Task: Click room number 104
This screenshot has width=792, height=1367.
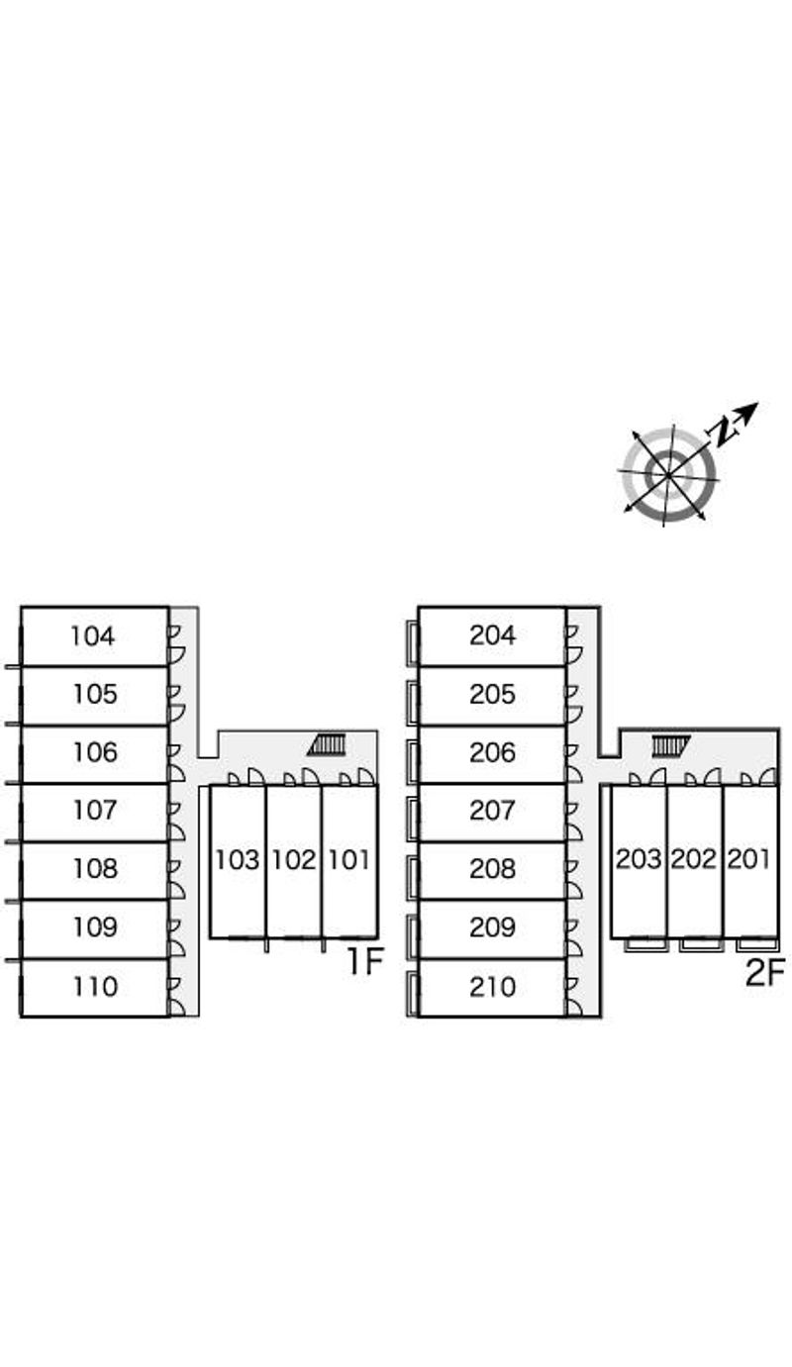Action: coord(93,635)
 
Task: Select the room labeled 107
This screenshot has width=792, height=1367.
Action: coord(95,811)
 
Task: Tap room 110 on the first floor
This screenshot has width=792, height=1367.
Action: coord(94,987)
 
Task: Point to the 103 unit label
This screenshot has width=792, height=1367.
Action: coord(238,859)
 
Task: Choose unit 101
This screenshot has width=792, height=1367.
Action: coord(348,859)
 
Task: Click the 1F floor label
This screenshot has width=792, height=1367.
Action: coord(364,962)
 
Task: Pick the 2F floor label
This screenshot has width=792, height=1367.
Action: coord(764,973)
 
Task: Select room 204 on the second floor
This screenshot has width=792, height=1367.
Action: coord(492,635)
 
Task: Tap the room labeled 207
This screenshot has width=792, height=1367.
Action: coord(492,811)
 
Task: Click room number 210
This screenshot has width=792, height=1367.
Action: coord(492,987)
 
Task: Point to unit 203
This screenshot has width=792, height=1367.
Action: coord(639,859)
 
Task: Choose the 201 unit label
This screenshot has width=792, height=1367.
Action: coord(749,859)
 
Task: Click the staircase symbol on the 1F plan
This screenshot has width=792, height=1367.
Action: coord(328,744)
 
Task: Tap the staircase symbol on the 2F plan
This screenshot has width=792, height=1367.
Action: coord(670,744)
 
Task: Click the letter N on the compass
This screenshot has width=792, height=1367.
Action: coord(726,429)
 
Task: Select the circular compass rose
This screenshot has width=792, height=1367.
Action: coord(669,475)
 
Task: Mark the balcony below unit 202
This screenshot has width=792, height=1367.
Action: coord(702,944)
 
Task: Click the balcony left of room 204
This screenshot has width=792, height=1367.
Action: coord(412,636)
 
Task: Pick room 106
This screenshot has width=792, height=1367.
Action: coord(95,752)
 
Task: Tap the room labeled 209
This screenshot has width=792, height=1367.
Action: coord(492,928)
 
